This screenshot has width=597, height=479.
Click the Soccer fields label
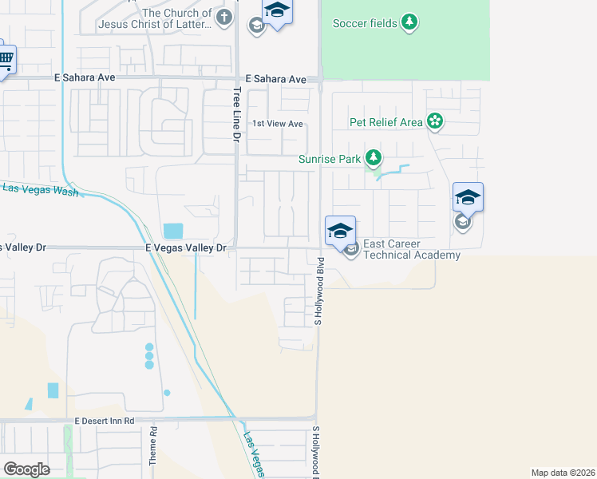(x=364, y=23)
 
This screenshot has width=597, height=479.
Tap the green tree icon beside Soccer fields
(x=409, y=22)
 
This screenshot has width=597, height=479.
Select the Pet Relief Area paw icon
(x=435, y=121)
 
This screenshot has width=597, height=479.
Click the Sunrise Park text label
(x=330, y=159)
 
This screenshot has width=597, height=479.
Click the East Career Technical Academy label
(x=412, y=249)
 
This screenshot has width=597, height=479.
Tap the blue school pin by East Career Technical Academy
(x=340, y=231)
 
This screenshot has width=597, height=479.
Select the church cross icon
(x=225, y=17)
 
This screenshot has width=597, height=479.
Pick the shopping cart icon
(x=6, y=58)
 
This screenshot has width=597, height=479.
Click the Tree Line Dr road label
(x=237, y=115)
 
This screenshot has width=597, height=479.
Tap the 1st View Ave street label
(x=278, y=124)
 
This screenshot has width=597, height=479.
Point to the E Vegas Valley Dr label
(x=187, y=248)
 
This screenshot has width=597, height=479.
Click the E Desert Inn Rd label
(x=105, y=420)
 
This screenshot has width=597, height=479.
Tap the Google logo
(x=26, y=469)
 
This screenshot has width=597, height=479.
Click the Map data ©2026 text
(x=563, y=473)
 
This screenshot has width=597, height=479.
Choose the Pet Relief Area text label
(x=386, y=122)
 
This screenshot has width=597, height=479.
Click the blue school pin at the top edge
(x=276, y=10)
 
